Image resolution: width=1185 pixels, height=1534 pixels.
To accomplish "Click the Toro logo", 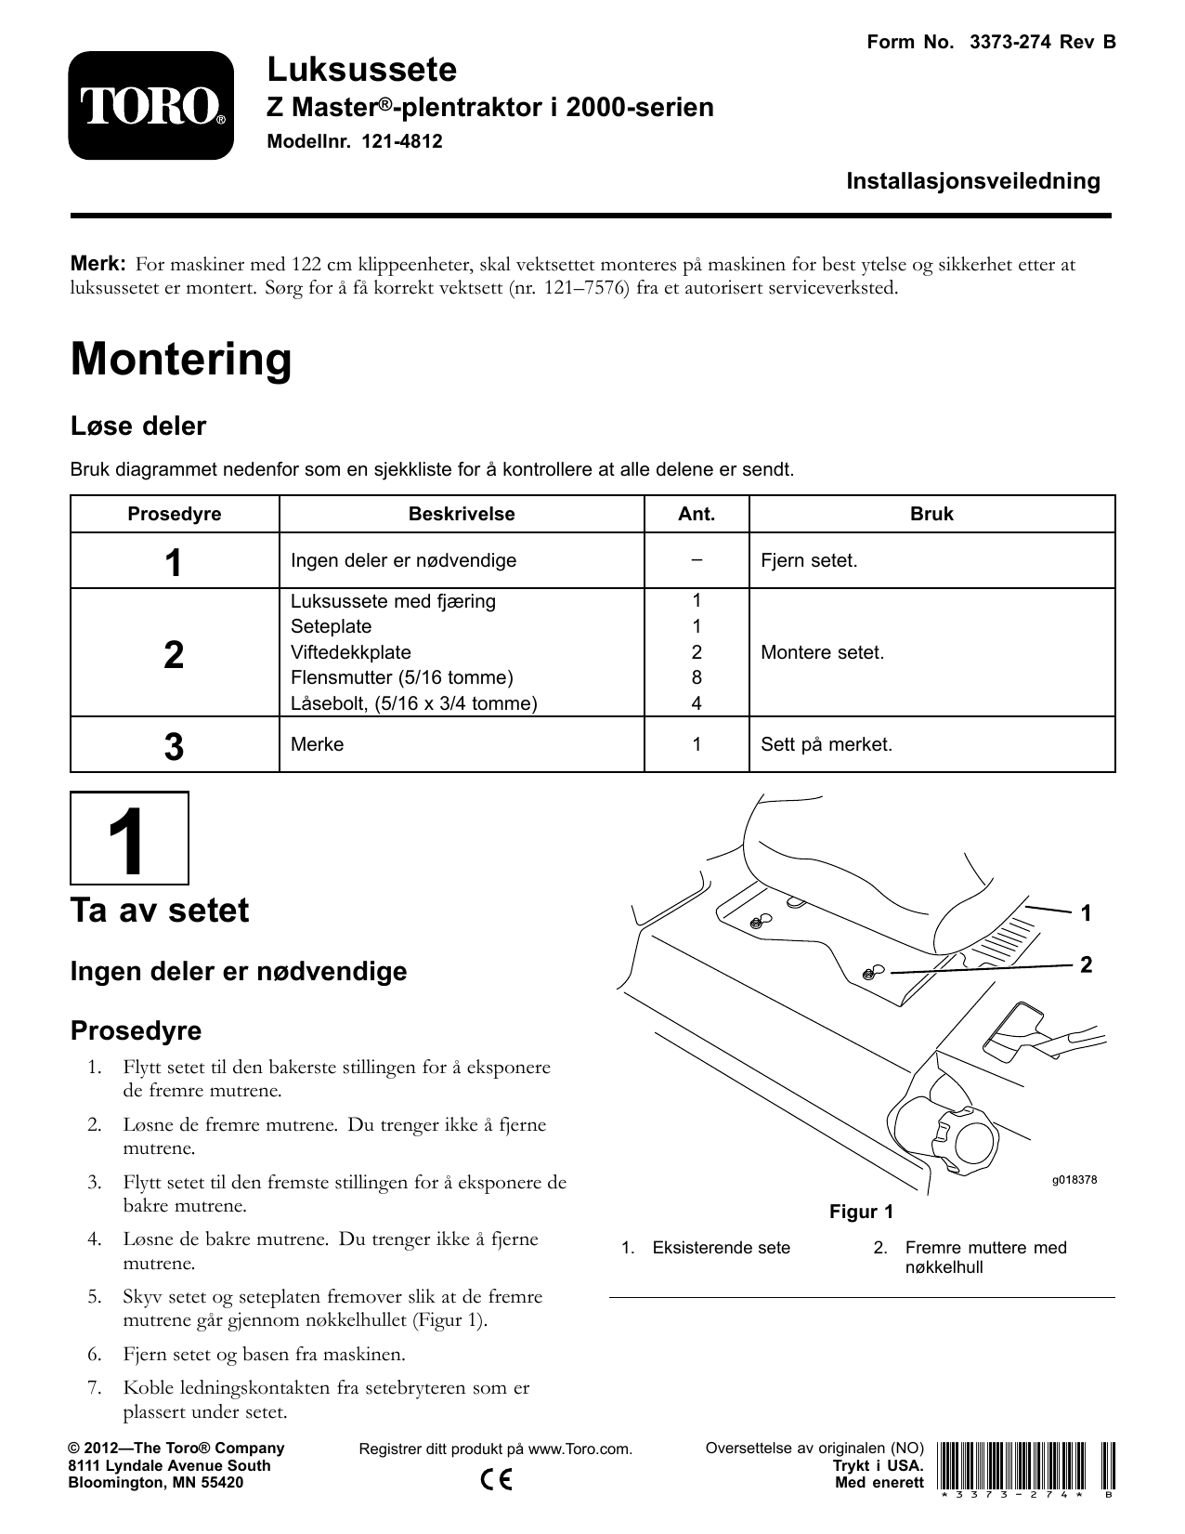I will pos(150,106).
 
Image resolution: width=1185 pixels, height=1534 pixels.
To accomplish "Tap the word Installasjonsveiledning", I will pos(972,181).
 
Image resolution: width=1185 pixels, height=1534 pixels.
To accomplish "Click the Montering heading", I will pos(181,360).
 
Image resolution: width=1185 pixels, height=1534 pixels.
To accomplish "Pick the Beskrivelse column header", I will pos(462,514).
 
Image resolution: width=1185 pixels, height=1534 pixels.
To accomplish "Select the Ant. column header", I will pos(697,514).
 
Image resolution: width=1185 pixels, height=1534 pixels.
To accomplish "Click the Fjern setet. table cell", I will pos(809,561).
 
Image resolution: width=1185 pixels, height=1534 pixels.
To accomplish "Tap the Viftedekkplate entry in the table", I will pos(351,652).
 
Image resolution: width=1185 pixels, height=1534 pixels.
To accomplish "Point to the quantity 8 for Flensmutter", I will pos(697,678).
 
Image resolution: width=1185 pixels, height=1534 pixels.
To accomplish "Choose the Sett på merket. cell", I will pos(826,744).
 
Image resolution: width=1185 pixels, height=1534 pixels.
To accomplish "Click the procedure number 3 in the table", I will pos(174,747).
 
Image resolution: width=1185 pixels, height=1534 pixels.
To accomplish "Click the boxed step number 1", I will pos(130,838).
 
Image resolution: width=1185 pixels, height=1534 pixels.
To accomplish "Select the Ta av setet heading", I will pos(160,910).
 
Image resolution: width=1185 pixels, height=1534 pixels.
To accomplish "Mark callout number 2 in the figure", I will pos(1087,964).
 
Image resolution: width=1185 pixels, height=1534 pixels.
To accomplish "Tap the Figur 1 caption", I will pos(861,1212).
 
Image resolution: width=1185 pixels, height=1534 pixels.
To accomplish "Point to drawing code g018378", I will pos(1074,1180).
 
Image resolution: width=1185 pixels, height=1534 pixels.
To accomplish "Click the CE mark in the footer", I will pos(497,1479).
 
